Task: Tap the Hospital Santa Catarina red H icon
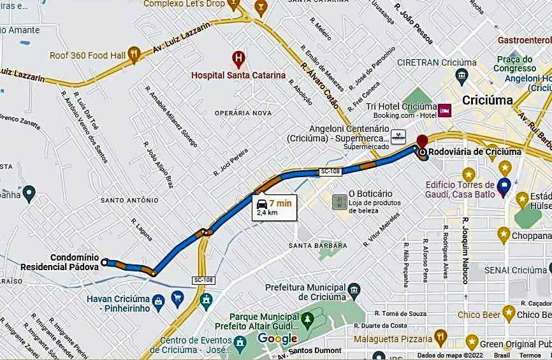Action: pyautogui.click(x=238, y=60)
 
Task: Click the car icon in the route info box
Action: pyautogui.click(x=262, y=204)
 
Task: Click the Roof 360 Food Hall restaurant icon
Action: pyautogui.click(x=133, y=55)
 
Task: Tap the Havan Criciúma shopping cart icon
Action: pyautogui.click(x=177, y=296)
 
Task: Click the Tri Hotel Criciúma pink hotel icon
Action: pyautogui.click(x=446, y=110)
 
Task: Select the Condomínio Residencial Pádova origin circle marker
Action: pyautogui.click(x=105, y=261)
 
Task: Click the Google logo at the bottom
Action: pyautogui.click(x=278, y=338)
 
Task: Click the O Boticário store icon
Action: pyautogui.click(x=338, y=202)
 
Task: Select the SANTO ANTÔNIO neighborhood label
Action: pyautogui.click(x=129, y=200)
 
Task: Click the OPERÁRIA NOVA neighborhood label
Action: pyautogui.click(x=243, y=113)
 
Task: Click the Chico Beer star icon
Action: pyautogui.click(x=509, y=312)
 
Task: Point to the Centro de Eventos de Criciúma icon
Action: pyautogui.click(x=240, y=343)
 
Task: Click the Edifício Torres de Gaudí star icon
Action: pyautogui.click(x=469, y=173)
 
